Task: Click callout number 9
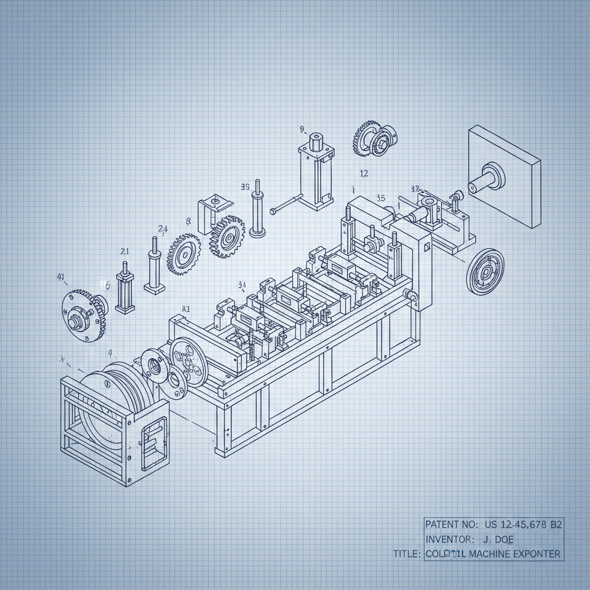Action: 301,129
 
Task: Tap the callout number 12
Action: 364,173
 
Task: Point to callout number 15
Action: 381,198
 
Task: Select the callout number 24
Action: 162,229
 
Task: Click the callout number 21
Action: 124,251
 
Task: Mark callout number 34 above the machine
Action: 242,285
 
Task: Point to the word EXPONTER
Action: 537,554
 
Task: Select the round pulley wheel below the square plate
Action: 485,272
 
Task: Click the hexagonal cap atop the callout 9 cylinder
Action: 316,140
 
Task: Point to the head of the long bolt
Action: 274,211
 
